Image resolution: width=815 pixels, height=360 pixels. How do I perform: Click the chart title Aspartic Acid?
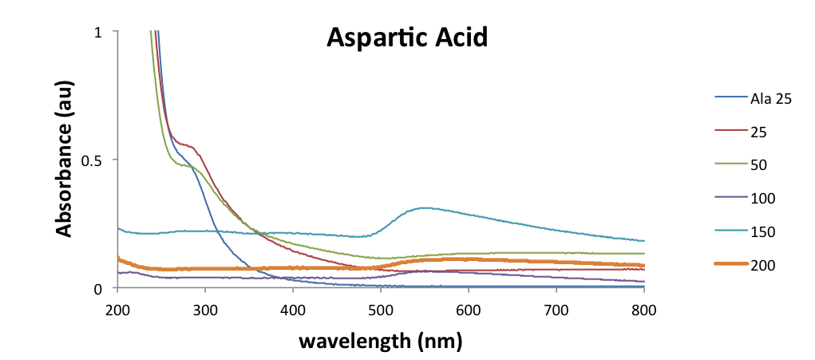point(406,37)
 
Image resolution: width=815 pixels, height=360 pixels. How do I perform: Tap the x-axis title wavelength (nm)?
point(381,341)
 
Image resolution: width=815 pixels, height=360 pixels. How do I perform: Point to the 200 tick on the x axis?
point(117,309)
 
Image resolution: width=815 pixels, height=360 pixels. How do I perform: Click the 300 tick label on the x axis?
point(205,309)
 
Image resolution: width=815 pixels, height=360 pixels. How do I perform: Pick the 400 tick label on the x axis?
point(293,309)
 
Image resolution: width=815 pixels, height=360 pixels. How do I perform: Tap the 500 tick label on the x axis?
point(381,309)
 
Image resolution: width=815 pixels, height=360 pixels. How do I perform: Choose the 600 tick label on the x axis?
point(469,309)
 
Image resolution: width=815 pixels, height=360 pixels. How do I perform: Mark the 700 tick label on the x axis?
point(556,309)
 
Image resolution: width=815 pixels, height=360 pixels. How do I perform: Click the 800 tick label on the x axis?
point(644,309)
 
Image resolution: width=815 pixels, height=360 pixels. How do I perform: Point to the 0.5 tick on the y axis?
point(94,160)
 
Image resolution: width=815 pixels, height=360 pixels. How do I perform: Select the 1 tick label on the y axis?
point(99,32)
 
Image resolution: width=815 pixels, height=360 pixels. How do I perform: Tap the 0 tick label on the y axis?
point(99,288)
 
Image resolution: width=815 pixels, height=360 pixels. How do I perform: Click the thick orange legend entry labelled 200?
point(762,264)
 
